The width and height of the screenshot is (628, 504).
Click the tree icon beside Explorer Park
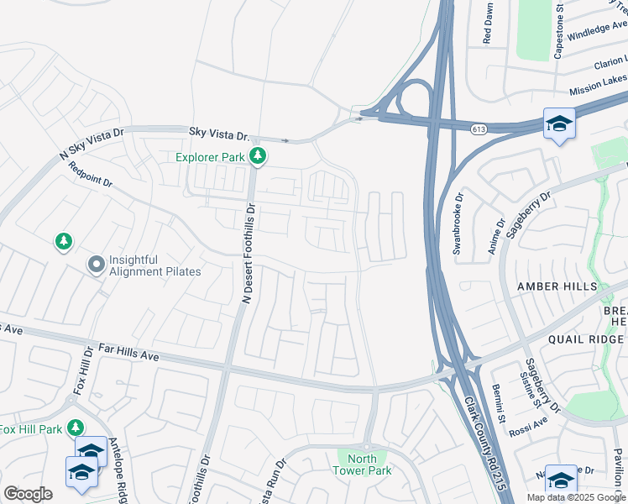259,156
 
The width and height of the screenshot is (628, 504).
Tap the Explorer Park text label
212,157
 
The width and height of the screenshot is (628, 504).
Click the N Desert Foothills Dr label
248,253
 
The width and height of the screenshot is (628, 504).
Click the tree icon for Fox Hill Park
76,428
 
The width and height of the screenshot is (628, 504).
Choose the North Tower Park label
362,465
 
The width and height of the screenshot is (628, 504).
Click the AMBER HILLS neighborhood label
557,286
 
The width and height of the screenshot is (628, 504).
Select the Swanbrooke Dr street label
458,228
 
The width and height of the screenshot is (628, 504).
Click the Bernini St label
500,404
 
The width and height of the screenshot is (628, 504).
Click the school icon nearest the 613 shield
559,125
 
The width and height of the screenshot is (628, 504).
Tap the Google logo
28,494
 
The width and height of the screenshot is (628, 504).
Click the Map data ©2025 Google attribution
576,497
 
